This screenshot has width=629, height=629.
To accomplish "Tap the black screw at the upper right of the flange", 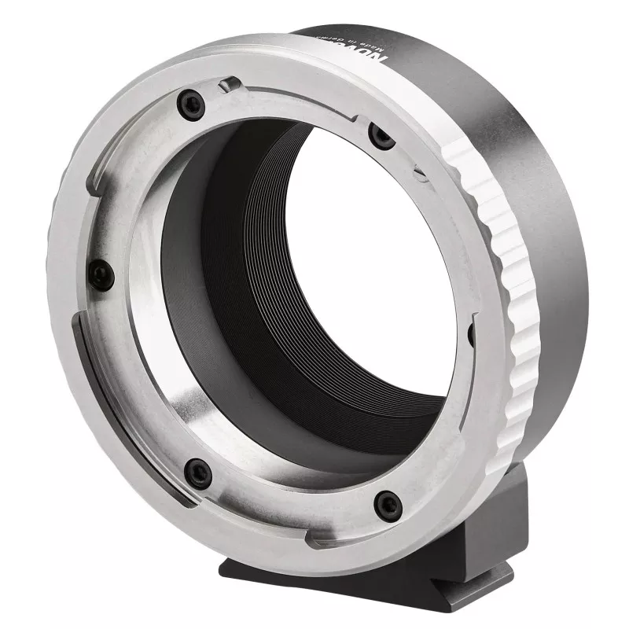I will [382, 137].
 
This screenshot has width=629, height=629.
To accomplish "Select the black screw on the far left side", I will [101, 274].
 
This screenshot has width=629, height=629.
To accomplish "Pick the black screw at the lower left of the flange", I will [197, 473].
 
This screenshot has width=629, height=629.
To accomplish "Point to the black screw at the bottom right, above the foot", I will [388, 504].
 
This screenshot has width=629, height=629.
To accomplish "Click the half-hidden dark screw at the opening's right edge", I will [470, 334].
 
